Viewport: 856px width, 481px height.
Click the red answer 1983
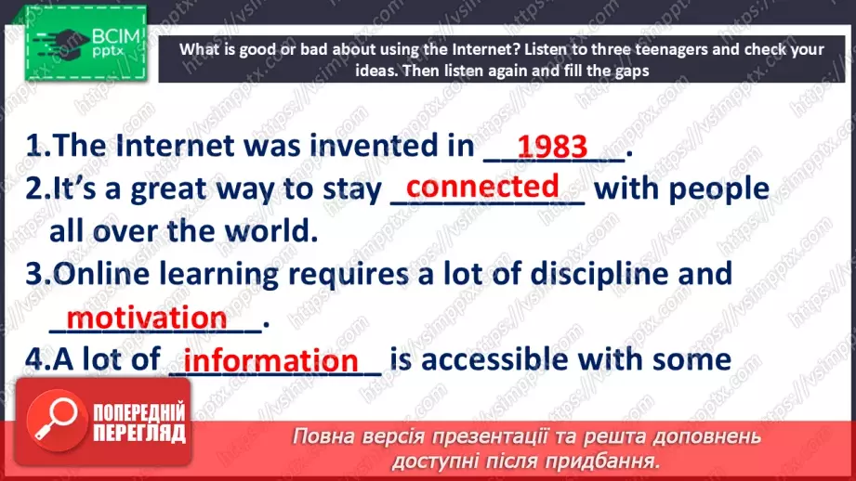pyautogui.click(x=552, y=146)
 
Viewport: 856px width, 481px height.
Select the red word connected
pyautogui.click(x=483, y=186)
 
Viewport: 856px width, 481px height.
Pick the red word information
pyautogui.click(x=271, y=360)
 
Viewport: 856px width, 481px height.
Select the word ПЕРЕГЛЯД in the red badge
pyautogui.click(x=139, y=433)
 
